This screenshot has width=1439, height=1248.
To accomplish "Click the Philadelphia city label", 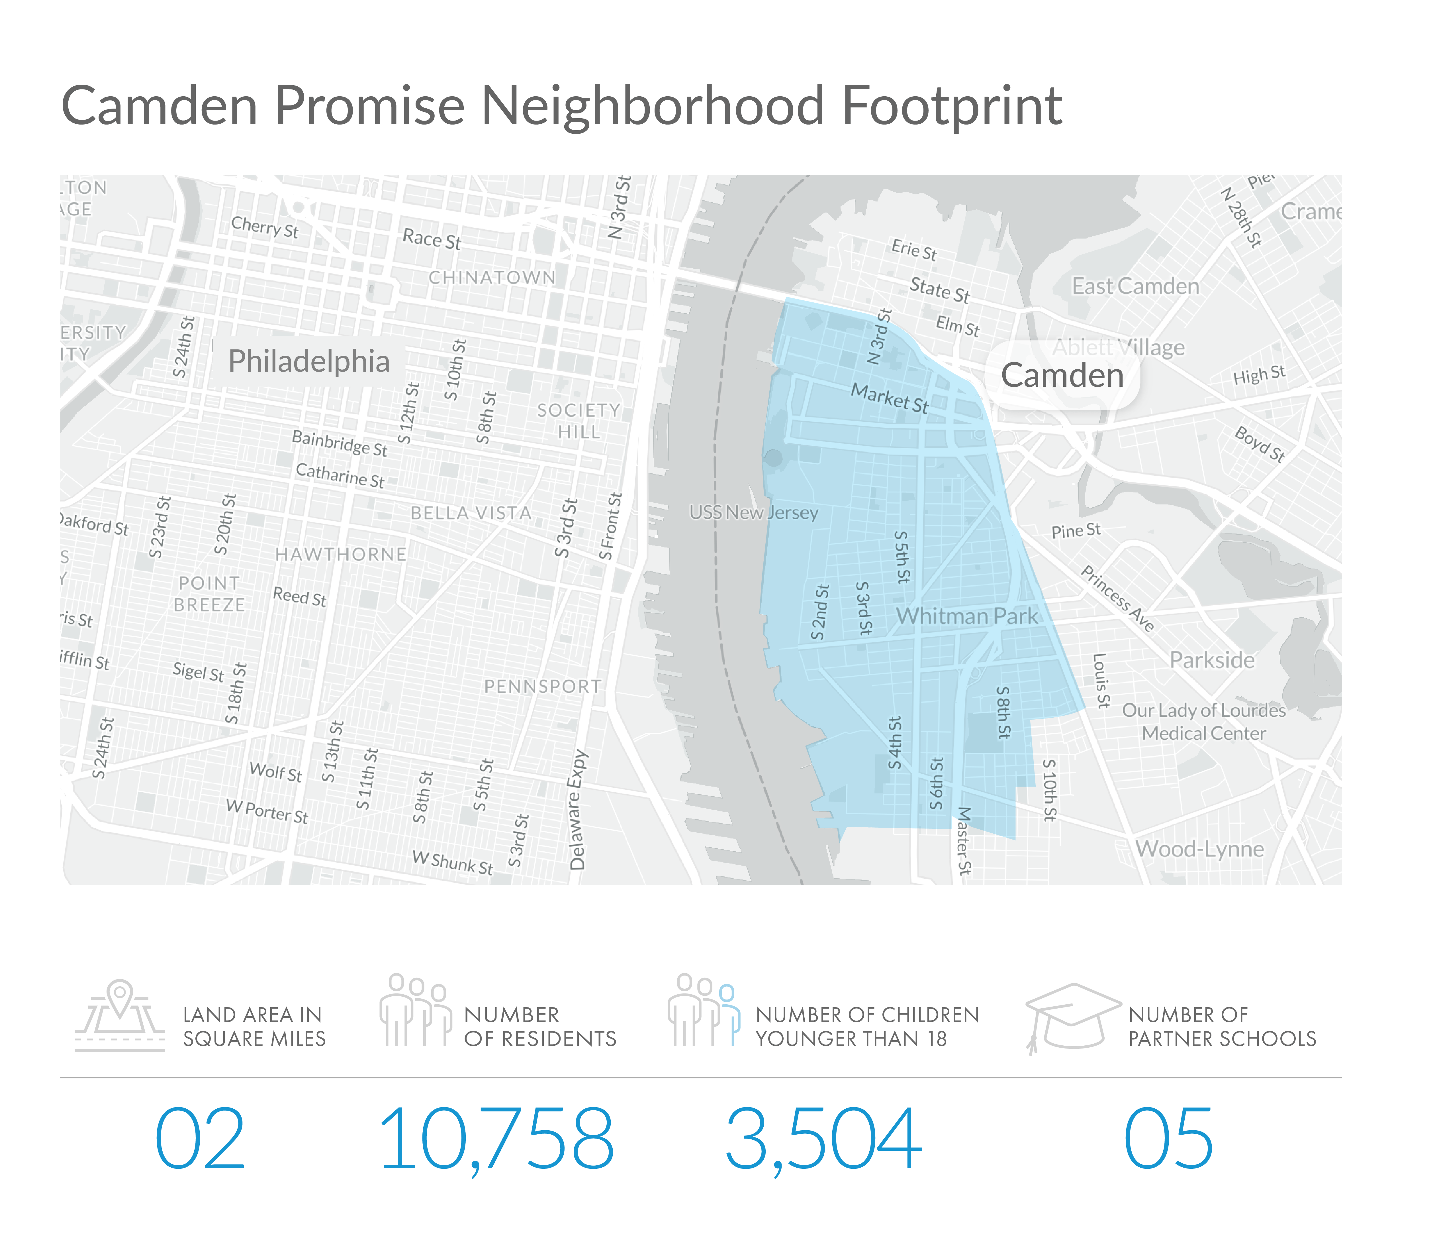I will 309,361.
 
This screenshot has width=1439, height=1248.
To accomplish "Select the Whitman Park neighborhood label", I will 966,616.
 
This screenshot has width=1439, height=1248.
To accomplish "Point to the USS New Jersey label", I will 753,513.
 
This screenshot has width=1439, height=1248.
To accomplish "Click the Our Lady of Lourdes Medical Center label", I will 1204,722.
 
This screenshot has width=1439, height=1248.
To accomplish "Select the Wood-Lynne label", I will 1199,849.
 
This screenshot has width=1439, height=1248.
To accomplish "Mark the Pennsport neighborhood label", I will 542,687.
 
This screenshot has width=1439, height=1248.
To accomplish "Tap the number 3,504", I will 823,1140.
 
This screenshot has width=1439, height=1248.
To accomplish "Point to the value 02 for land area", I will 200,1140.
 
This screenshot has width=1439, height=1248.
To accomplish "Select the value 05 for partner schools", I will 1168,1140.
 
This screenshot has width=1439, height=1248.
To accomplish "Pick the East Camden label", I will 1135,286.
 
